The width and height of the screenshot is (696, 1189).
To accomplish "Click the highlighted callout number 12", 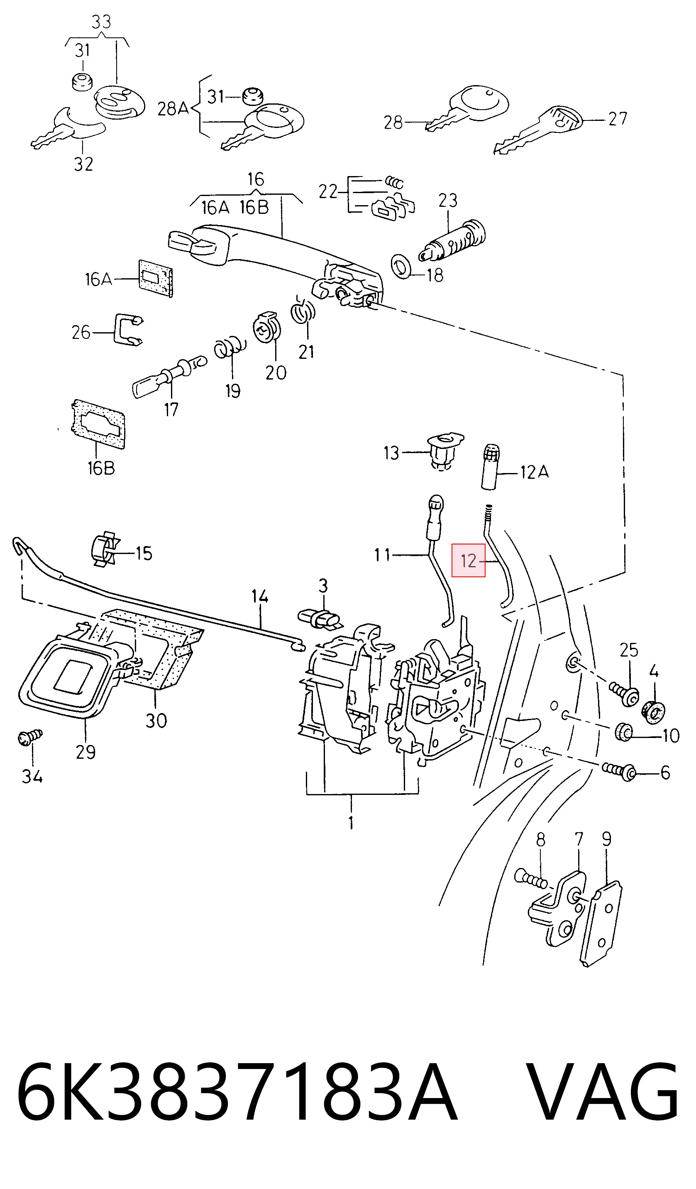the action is [x=468, y=561].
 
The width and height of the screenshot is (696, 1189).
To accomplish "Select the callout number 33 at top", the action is [x=101, y=22].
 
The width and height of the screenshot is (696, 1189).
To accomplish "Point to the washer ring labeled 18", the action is [x=402, y=267].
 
